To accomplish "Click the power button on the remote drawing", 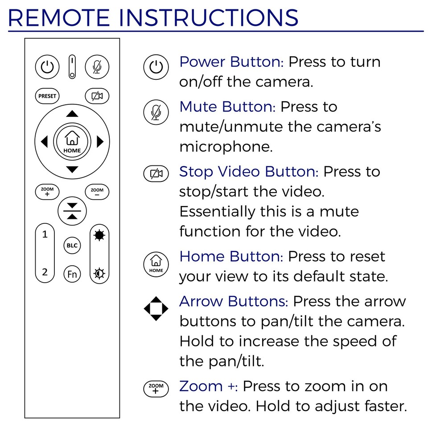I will pyautogui.click(x=47, y=67).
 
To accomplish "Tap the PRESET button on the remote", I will pyautogui.click(x=47, y=96).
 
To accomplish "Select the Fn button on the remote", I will pyautogui.click(x=72, y=273).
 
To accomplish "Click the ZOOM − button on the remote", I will pyautogui.click(x=97, y=192).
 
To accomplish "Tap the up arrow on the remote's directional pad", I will pyautogui.click(x=72, y=114).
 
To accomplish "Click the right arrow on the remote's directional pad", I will pyautogui.click(x=100, y=142).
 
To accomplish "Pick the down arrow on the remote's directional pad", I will pyautogui.click(x=72, y=170).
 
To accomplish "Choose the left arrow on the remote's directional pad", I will pyautogui.click(x=44, y=142).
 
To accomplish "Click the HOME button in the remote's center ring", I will pyautogui.click(x=72, y=142).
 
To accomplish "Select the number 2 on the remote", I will pyautogui.click(x=45, y=272).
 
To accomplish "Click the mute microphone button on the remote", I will pyautogui.click(x=97, y=67).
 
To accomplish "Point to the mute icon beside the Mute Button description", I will pyautogui.click(x=156, y=111).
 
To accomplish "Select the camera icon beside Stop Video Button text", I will pyautogui.click(x=156, y=173).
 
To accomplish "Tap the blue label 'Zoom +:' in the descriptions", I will pyautogui.click(x=208, y=386).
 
